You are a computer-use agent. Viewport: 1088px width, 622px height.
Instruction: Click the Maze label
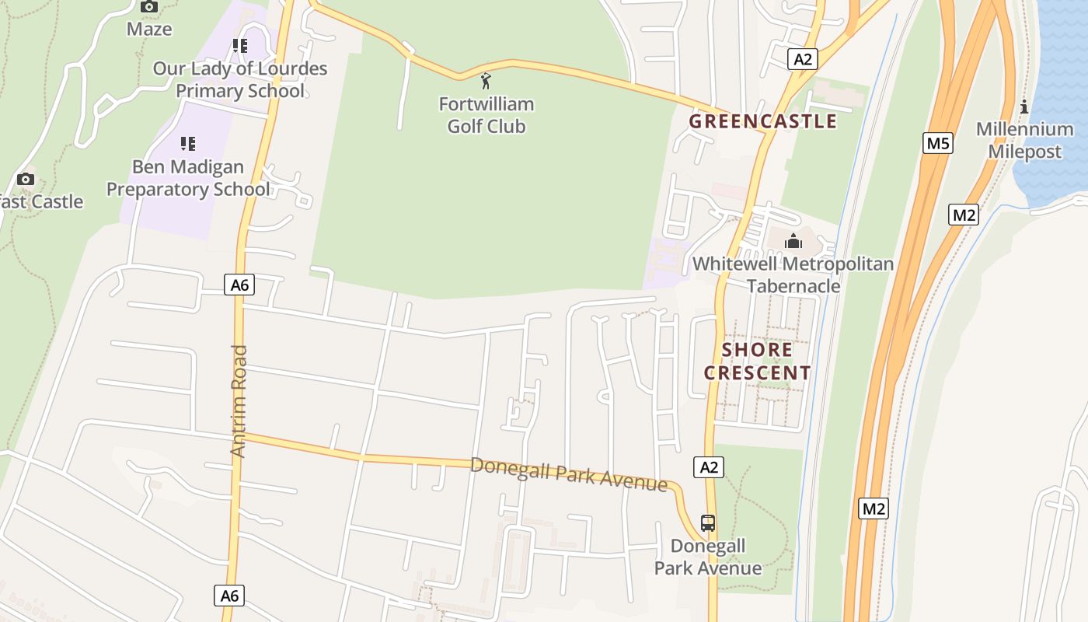click(149, 30)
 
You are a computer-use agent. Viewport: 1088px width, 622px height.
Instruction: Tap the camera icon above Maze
click(149, 7)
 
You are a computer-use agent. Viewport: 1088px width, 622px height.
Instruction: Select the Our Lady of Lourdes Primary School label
click(239, 79)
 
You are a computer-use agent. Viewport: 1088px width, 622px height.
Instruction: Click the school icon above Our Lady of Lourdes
click(239, 46)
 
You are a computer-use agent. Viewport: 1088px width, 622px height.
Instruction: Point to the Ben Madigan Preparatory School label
click(188, 178)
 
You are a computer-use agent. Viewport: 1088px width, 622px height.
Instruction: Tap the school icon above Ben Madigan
click(187, 144)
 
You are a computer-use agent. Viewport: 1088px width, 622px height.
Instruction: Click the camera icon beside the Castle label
click(26, 180)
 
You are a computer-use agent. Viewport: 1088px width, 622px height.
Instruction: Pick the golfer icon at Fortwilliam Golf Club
click(486, 80)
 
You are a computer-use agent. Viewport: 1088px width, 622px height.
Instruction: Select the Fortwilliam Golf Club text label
click(486, 115)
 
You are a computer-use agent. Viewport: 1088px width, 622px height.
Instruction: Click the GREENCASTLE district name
click(762, 121)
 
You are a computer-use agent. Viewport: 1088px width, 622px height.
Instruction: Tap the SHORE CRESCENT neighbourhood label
click(758, 362)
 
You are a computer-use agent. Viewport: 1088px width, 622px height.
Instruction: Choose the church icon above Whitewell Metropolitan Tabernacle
click(793, 241)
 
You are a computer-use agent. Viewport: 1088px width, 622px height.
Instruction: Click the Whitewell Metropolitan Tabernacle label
click(793, 274)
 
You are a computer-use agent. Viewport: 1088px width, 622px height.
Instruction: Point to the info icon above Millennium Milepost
click(1024, 107)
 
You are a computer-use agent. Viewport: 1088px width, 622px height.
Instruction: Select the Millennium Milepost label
click(1024, 140)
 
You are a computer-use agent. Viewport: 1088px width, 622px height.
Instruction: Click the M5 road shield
click(938, 143)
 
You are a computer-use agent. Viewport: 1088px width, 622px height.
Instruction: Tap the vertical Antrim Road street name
click(239, 400)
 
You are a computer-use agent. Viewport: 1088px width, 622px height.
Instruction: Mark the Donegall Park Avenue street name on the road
click(569, 473)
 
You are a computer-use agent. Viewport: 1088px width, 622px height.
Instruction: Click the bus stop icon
click(707, 522)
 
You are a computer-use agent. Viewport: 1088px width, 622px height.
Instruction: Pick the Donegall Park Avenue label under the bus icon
click(707, 557)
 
